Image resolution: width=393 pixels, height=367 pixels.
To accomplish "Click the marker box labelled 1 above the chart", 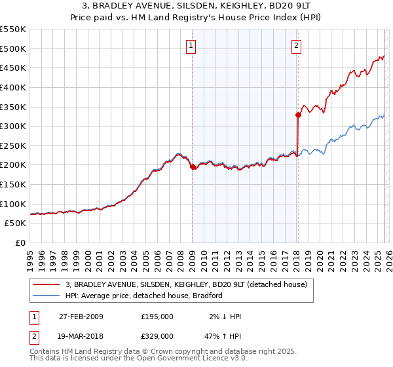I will (191, 46).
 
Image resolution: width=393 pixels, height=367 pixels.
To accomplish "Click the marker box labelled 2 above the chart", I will (296, 46).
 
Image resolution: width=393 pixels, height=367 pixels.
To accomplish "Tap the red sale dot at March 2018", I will (298, 115).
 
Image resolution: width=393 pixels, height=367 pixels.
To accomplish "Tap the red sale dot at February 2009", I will (193, 167).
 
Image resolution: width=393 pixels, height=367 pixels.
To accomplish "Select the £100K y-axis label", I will (13, 204).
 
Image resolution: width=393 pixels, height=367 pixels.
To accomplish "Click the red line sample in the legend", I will (47, 285).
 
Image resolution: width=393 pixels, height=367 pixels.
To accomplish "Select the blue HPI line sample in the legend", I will (47, 296).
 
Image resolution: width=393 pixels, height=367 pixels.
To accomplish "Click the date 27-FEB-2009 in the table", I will (81, 317).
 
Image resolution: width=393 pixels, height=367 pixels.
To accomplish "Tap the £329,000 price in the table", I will (157, 336).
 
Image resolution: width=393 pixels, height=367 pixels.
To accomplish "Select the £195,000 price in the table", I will (157, 317).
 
